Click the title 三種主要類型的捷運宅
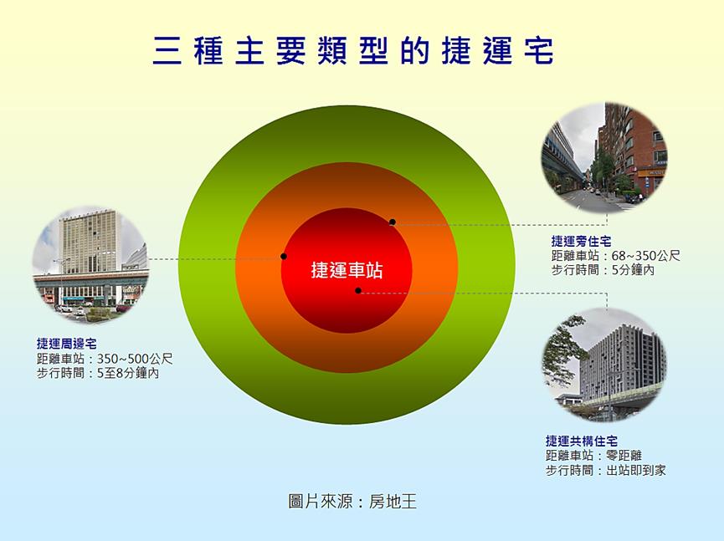[x=353, y=50]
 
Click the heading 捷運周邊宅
[x=66, y=344]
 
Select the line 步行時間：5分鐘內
[x=603, y=270]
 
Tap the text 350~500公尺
[x=135, y=359]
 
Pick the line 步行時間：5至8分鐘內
[x=98, y=374]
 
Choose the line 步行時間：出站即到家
[x=605, y=471]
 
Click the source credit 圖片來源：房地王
[x=352, y=502]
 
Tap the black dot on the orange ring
[x=392, y=222]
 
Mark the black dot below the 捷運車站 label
[x=358, y=291]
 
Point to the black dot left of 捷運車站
[x=284, y=256]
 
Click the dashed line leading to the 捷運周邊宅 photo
[x=209, y=258]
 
